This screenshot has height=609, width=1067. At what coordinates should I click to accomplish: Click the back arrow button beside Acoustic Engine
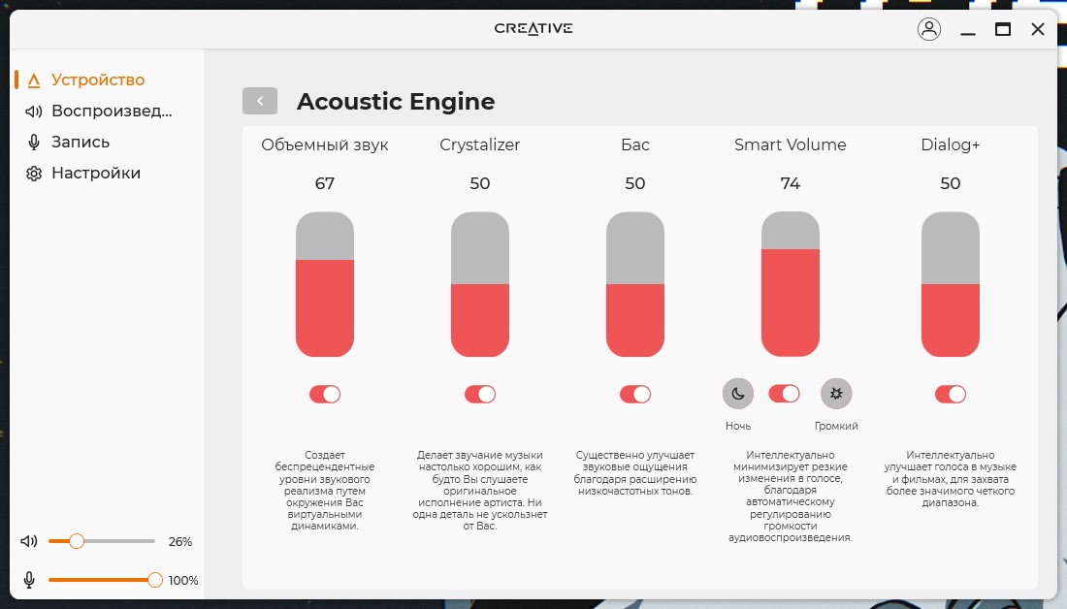point(260,101)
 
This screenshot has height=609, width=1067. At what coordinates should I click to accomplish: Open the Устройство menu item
point(85,80)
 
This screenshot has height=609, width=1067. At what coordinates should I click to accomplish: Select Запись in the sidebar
point(67,142)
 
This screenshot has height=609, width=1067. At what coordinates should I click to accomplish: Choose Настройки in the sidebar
point(83,173)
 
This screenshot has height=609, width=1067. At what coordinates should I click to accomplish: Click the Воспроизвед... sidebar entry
point(99,111)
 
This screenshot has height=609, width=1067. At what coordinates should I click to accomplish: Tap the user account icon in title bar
point(929,28)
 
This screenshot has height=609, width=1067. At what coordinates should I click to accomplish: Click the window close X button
point(1038,28)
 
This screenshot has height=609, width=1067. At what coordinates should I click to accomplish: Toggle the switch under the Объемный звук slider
point(325,394)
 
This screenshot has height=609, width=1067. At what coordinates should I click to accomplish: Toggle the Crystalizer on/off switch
point(480,394)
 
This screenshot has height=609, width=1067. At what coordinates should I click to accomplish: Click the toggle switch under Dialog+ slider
point(950,394)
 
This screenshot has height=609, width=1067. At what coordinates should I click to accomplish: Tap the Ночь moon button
point(737,394)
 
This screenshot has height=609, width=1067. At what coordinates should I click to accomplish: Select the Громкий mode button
point(836,394)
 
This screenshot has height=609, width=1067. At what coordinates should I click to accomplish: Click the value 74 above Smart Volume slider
point(790,183)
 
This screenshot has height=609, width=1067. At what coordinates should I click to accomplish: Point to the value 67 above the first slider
point(325,183)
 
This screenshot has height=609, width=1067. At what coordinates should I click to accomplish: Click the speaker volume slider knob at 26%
point(77,541)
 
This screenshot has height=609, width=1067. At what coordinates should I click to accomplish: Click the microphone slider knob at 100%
point(155,580)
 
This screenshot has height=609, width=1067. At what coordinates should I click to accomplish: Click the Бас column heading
point(635,144)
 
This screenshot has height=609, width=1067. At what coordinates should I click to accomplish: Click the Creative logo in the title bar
point(533,28)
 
